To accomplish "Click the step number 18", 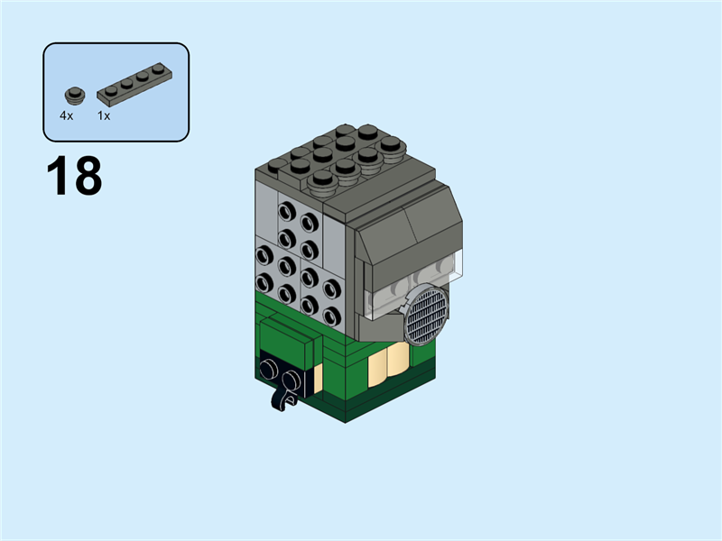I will point(74,177).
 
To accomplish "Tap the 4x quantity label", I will point(67,116).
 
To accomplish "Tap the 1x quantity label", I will point(104,116).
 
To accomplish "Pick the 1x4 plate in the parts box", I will point(134,81).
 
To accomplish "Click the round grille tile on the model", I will point(426,315).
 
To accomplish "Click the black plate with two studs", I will point(284,375).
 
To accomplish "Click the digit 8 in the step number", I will point(88,177).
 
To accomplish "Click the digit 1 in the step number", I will point(59,177).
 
